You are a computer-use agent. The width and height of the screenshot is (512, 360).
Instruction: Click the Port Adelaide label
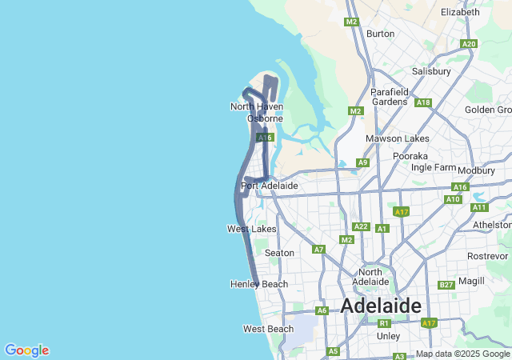coord(270,186)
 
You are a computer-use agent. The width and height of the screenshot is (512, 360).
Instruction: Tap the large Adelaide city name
coord(381,306)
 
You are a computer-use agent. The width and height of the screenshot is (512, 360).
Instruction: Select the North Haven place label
coord(256,106)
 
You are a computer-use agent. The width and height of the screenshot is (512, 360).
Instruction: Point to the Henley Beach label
coord(258,284)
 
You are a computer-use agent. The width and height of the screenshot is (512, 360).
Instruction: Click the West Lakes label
coord(252,229)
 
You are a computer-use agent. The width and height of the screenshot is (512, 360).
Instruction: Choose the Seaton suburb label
coord(279,253)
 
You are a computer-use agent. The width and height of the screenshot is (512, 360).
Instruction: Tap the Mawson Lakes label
coord(398,138)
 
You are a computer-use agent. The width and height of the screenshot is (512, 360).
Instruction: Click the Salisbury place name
coord(431,71)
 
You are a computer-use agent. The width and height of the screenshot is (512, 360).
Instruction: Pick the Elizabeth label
coord(460,12)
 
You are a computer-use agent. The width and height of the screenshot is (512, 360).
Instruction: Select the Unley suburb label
coord(388,336)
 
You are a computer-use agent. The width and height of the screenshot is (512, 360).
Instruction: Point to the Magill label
coord(472,282)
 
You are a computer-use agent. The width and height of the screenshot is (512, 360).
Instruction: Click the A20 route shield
coord(469,44)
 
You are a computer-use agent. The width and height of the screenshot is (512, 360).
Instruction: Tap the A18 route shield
coord(423,102)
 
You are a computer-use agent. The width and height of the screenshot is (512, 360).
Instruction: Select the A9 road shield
coord(362,162)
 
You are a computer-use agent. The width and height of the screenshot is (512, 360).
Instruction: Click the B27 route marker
coord(446,285)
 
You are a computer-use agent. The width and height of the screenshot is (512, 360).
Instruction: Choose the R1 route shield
coord(384,323)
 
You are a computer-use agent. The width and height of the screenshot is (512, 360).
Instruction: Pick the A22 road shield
coord(361,226)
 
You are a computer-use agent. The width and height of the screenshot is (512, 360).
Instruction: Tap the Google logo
coord(26,350)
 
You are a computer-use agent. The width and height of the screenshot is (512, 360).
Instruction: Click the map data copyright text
coord(463,354)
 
